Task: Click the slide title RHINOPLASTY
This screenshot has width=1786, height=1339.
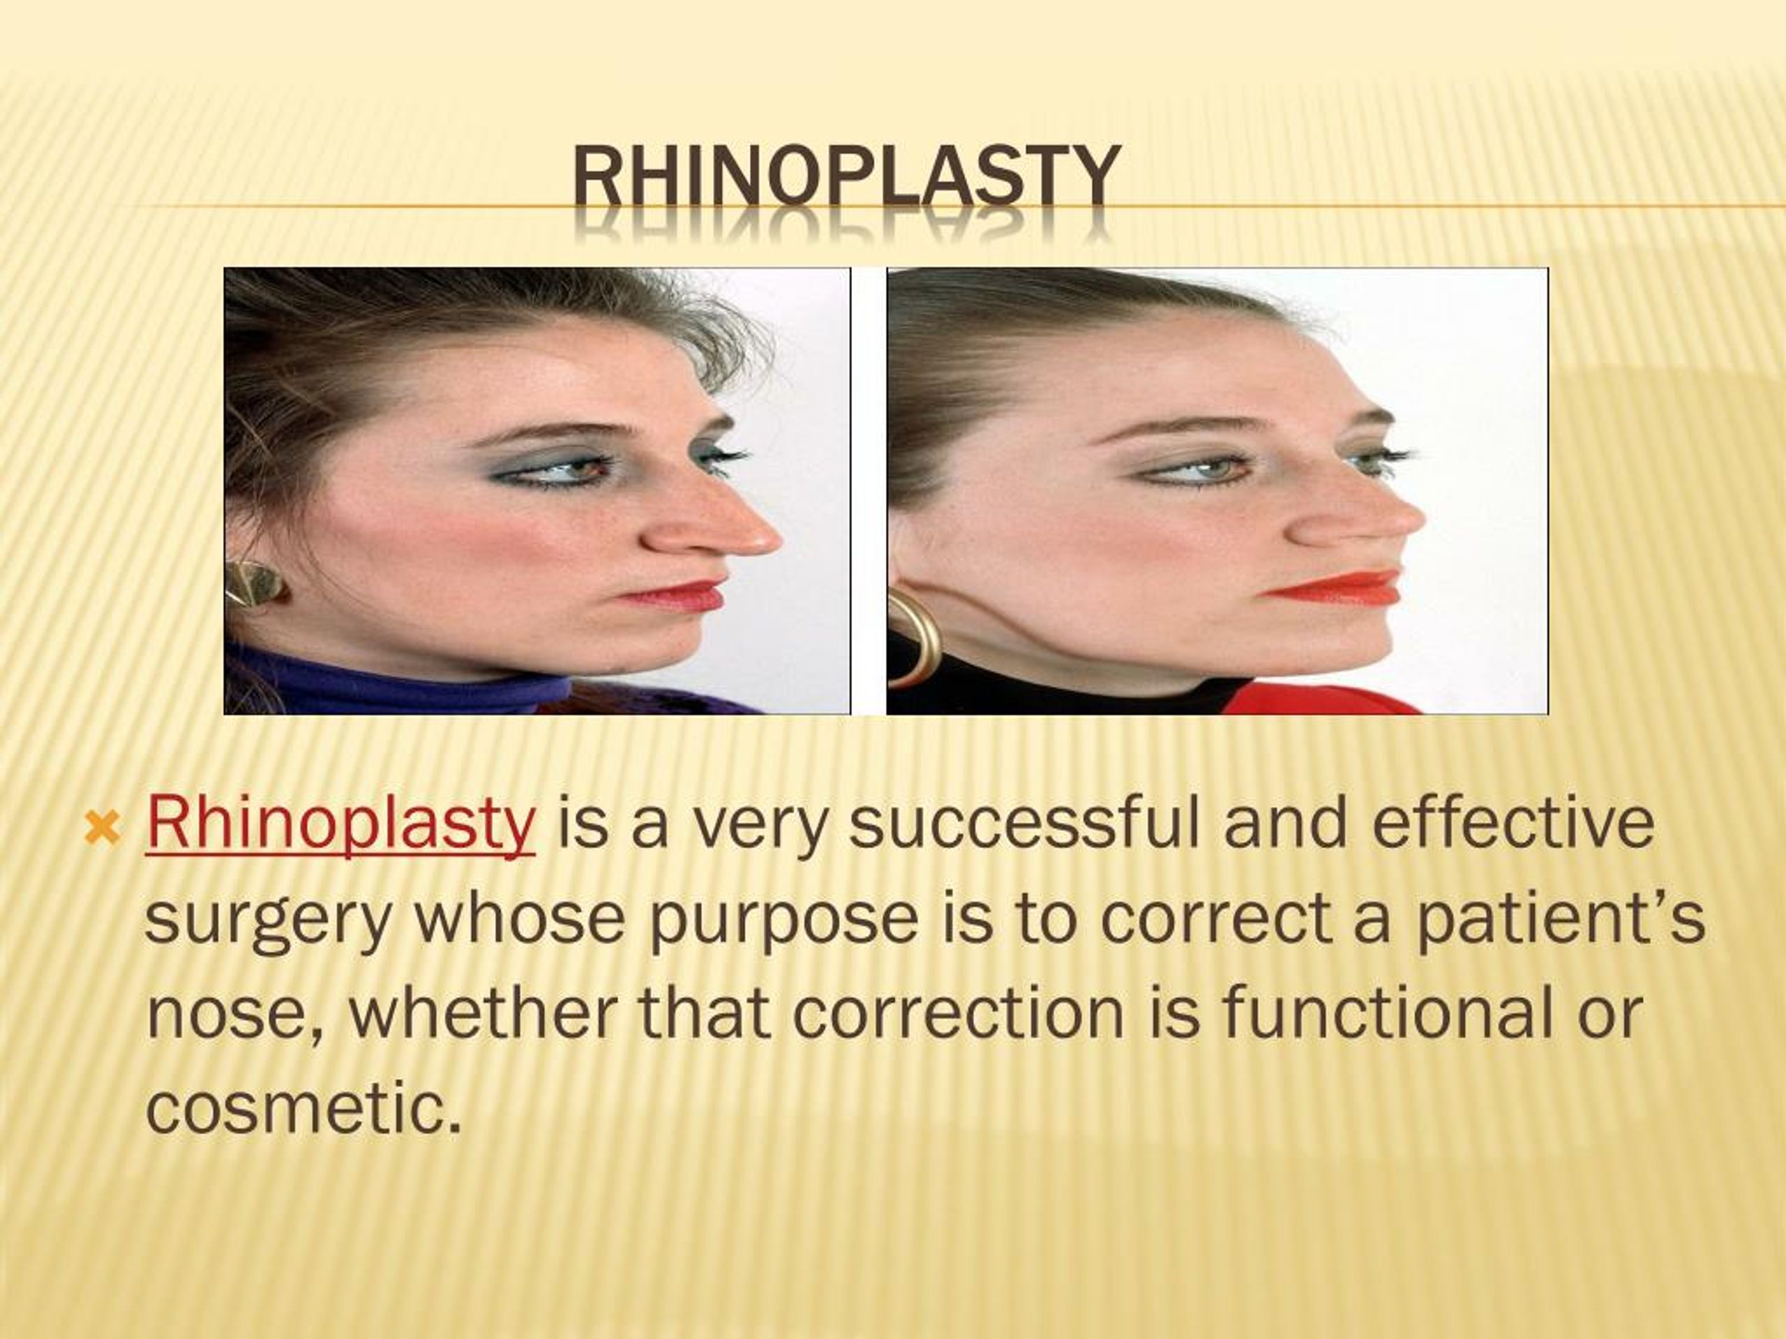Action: [x=846, y=176]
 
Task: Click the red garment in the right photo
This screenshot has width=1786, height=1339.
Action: [x=1324, y=698]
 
